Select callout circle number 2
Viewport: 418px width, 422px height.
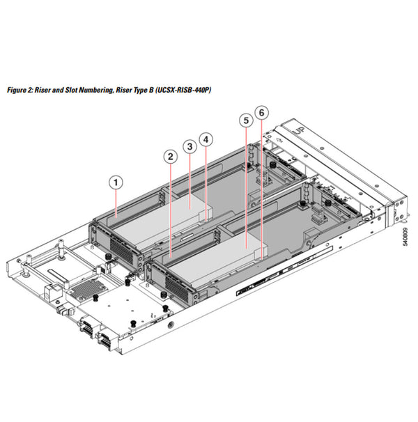click(x=170, y=157)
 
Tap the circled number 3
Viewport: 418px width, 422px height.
click(x=189, y=146)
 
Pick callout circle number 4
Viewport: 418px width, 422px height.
click(x=206, y=139)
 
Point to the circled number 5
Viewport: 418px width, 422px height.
click(x=245, y=120)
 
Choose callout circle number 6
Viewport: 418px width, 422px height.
click(x=261, y=112)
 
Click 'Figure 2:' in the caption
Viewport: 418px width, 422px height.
click(x=19, y=91)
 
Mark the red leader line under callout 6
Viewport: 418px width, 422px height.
click(x=262, y=188)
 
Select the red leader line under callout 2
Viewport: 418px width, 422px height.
click(x=171, y=209)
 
